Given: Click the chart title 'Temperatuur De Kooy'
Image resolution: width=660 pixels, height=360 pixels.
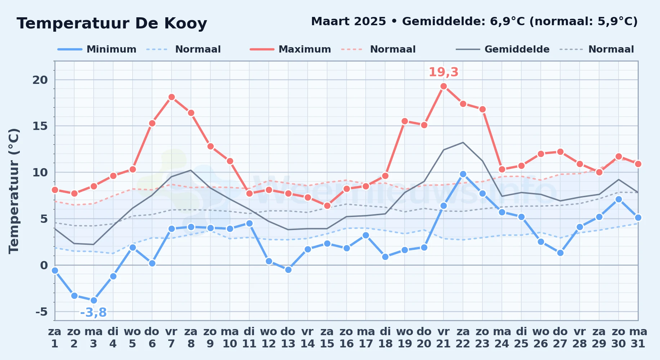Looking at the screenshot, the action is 112,23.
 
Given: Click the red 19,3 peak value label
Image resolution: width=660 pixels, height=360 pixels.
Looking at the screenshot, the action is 443,72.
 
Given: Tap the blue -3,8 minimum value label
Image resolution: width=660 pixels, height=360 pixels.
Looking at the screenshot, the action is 93,312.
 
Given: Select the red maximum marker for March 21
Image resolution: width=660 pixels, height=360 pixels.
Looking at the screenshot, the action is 443,86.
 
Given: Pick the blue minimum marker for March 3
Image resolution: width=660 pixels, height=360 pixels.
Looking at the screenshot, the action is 94,300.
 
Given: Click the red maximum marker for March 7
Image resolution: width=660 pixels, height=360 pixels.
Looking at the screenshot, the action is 171,97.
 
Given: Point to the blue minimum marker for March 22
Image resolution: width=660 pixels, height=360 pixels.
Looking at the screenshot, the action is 463,174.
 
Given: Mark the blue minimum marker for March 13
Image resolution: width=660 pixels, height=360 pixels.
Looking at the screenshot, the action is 288,270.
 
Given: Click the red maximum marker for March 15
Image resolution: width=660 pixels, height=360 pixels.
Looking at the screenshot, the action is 327,206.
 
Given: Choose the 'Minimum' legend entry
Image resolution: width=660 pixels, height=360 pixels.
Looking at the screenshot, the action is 97,49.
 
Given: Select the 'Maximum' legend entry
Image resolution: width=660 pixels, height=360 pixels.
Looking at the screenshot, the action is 290,49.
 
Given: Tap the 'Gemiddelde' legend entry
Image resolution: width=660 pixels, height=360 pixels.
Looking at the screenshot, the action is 503,49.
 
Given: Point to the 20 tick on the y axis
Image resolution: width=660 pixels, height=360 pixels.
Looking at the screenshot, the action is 40,80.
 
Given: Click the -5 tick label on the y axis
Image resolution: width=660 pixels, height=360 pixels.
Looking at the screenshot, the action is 41,311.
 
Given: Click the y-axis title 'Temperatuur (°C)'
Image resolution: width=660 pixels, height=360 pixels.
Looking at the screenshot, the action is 14,191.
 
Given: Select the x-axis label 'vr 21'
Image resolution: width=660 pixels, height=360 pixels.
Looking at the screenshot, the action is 443,338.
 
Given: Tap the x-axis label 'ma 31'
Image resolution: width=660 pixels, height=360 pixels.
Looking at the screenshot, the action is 638,338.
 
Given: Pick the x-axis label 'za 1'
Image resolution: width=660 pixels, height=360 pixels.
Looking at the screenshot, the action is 55,338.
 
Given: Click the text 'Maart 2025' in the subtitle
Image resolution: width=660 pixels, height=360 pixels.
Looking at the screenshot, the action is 348,22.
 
